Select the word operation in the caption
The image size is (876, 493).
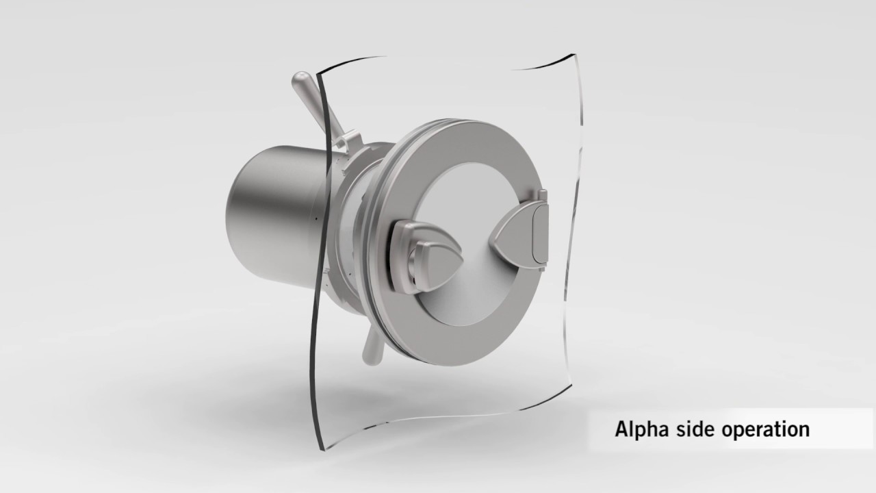tap(768, 431)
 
